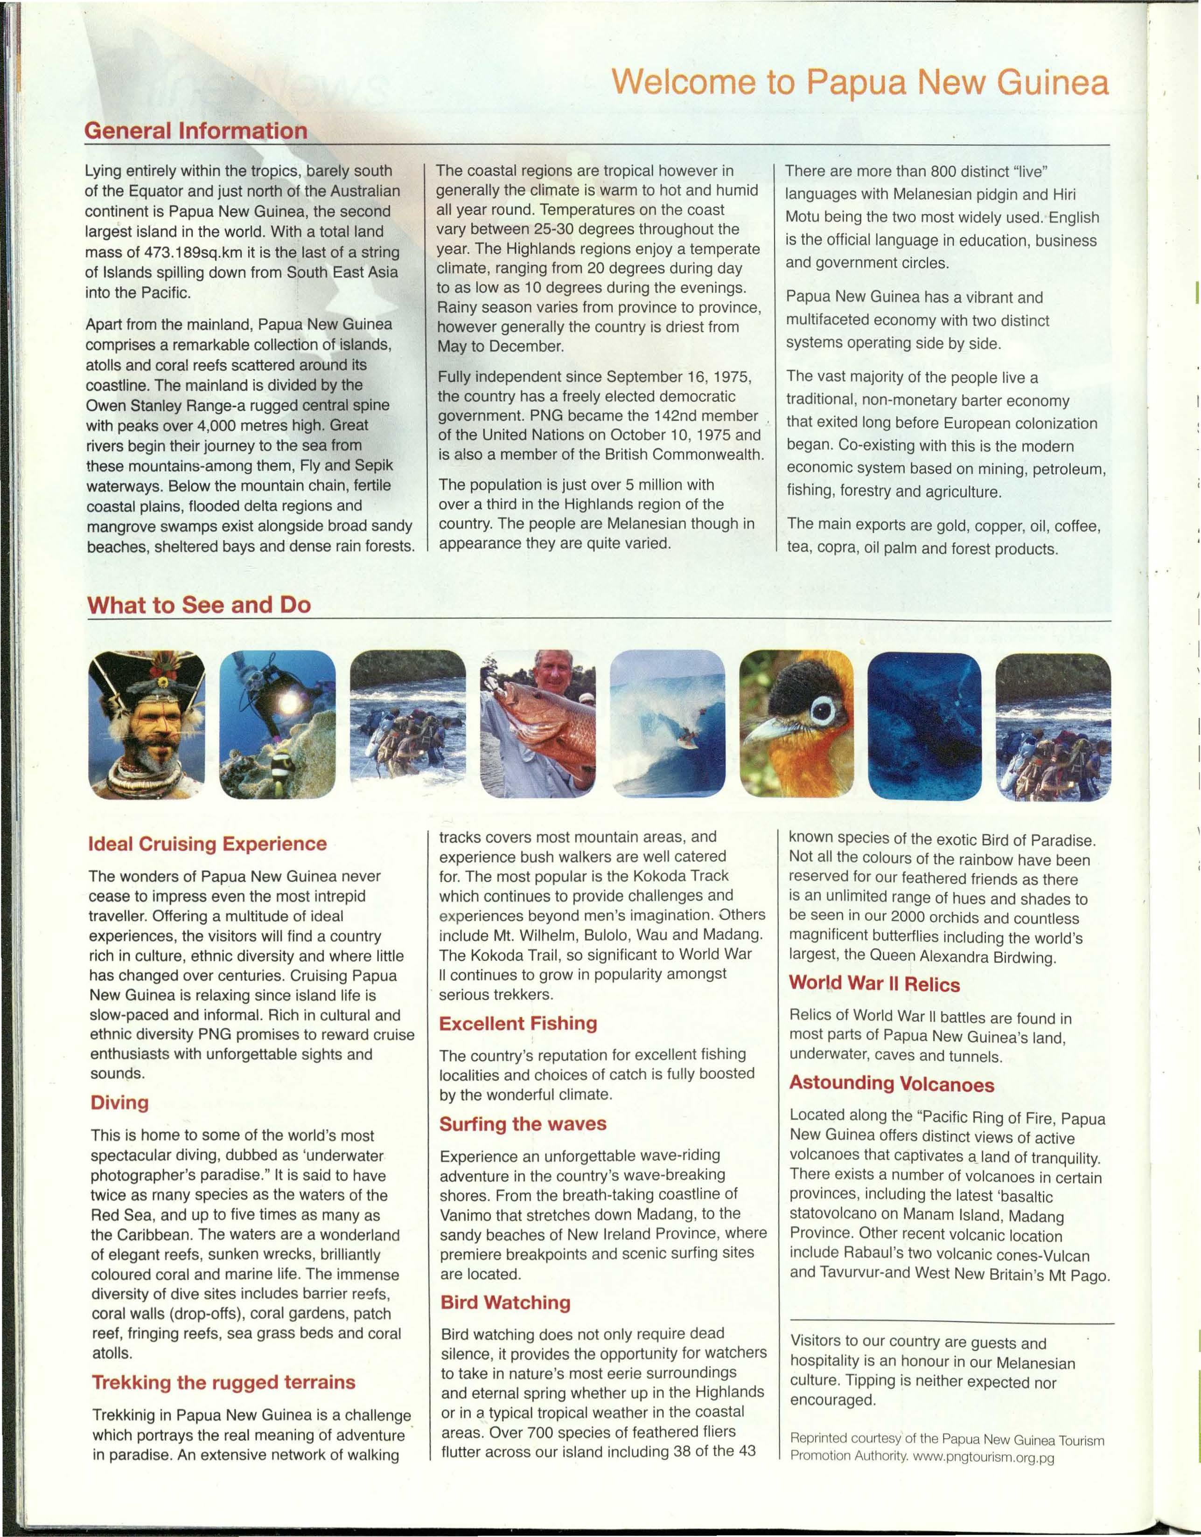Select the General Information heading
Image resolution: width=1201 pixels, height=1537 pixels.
pyautogui.click(x=196, y=131)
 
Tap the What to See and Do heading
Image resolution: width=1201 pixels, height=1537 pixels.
pyautogui.click(x=198, y=604)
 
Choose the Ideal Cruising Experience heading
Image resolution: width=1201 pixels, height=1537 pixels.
pyautogui.click(x=208, y=844)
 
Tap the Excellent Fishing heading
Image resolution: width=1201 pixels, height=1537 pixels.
pyautogui.click(x=517, y=1023)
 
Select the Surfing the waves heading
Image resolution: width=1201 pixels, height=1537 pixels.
pyautogui.click(x=523, y=1124)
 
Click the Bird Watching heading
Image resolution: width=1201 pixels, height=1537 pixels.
pyautogui.click(x=505, y=1302)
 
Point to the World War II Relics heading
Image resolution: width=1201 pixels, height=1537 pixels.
pyautogui.click(x=873, y=984)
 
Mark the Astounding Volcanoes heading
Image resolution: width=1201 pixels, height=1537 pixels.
pyautogui.click(x=891, y=1083)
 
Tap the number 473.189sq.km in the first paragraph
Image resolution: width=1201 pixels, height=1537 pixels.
pyautogui.click(x=194, y=252)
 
